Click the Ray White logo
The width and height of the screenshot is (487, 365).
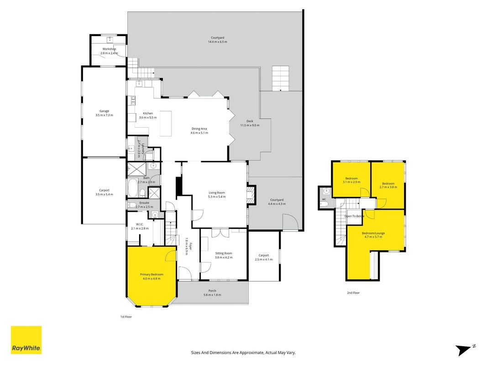(x=26, y=340)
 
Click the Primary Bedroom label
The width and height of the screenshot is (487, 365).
(x=152, y=274)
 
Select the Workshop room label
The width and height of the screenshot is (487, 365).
(x=109, y=49)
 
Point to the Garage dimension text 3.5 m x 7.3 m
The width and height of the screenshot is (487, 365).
(x=105, y=115)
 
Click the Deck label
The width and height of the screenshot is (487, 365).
(x=250, y=121)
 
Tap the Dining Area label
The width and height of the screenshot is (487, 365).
(x=199, y=129)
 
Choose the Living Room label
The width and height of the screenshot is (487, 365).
(x=217, y=193)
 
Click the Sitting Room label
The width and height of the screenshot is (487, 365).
(x=224, y=253)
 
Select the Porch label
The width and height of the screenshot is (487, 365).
(x=212, y=291)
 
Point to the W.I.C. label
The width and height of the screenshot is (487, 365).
(x=140, y=224)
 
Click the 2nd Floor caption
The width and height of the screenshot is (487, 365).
(x=353, y=292)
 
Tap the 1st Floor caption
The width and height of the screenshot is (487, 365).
(x=126, y=317)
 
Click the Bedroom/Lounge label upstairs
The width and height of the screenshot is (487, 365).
(x=373, y=233)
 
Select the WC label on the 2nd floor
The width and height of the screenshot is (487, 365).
(x=324, y=199)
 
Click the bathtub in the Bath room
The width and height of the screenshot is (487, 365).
(x=133, y=188)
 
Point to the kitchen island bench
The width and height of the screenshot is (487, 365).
(x=166, y=124)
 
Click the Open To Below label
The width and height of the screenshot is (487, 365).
(x=354, y=216)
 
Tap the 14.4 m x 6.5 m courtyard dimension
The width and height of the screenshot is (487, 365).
(x=217, y=42)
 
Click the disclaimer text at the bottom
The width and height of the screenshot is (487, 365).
(x=243, y=353)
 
